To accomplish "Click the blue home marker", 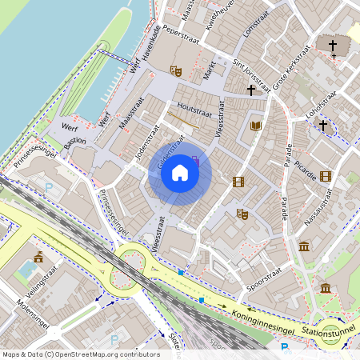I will click(180, 173).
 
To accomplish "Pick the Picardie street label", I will click(306, 166).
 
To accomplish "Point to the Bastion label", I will click(74, 141).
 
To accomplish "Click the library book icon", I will click(256, 126).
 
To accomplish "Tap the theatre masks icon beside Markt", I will click(177, 71).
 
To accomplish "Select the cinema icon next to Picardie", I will click(325, 176).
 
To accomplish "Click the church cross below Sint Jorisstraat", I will click(250, 90).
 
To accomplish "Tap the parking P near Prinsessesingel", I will click(48, 189).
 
